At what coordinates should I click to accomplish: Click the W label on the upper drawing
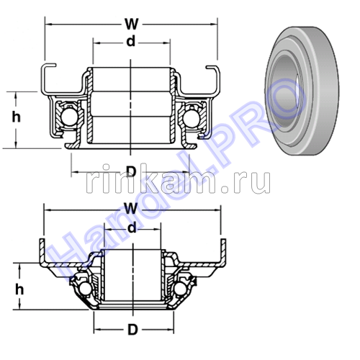click(131, 12)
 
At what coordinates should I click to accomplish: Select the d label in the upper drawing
click(130, 41)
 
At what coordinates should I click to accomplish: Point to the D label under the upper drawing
click(131, 171)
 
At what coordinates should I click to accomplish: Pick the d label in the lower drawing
click(131, 228)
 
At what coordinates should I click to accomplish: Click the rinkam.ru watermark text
click(176, 182)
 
